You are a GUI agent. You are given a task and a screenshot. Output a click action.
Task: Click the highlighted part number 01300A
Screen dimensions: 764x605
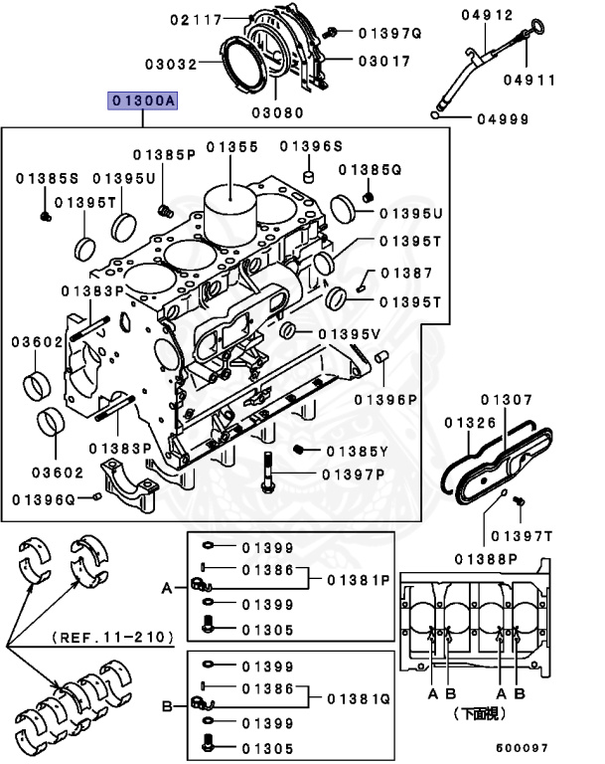[x=144, y=100]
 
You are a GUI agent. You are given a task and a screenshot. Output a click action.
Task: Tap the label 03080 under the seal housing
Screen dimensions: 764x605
[x=276, y=112]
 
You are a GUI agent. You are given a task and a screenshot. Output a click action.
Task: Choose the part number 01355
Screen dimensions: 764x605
[x=232, y=147]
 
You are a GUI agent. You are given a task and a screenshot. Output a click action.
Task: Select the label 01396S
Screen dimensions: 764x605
[x=309, y=147]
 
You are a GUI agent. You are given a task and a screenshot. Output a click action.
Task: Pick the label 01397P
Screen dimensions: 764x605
[x=353, y=474]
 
